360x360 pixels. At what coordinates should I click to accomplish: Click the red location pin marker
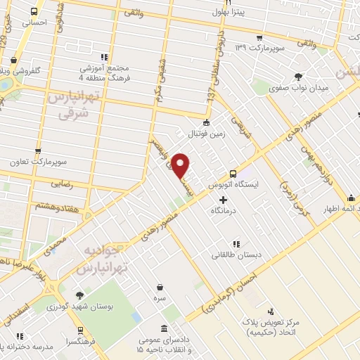tap(181, 166)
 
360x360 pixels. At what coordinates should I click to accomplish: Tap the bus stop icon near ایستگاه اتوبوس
tap(233, 174)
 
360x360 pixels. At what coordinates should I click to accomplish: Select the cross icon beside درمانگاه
tap(224, 200)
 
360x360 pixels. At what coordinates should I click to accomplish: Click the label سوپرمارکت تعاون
tap(38, 162)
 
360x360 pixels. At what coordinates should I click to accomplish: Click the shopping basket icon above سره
tap(161, 287)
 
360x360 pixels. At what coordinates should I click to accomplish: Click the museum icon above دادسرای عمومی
tap(163, 328)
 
